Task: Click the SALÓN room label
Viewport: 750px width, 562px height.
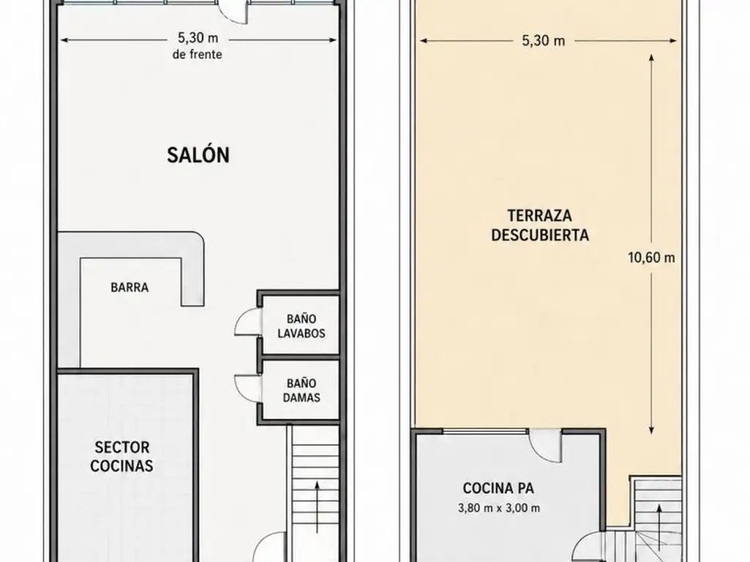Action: pyautogui.click(x=198, y=155)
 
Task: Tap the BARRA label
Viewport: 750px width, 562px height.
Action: pyautogui.click(x=130, y=287)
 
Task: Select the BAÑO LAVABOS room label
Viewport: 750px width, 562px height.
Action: pyautogui.click(x=301, y=326)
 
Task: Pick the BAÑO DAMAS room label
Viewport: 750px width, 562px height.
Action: pyautogui.click(x=301, y=390)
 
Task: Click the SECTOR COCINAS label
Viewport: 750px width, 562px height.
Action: pyautogui.click(x=122, y=457)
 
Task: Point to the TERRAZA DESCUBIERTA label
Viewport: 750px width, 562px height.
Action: pyautogui.click(x=540, y=225)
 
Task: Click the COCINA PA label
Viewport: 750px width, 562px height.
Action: pyautogui.click(x=498, y=488)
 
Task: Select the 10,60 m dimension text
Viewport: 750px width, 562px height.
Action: pyautogui.click(x=651, y=258)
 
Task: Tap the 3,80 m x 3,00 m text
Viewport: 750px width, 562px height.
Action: pyautogui.click(x=499, y=508)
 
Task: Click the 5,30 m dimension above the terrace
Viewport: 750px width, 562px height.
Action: pyautogui.click(x=543, y=41)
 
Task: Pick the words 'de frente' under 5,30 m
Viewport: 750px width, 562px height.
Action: pyautogui.click(x=197, y=54)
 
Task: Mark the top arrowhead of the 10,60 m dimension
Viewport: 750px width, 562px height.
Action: pyautogui.click(x=651, y=57)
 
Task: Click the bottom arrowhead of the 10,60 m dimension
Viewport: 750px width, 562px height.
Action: pyautogui.click(x=651, y=430)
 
